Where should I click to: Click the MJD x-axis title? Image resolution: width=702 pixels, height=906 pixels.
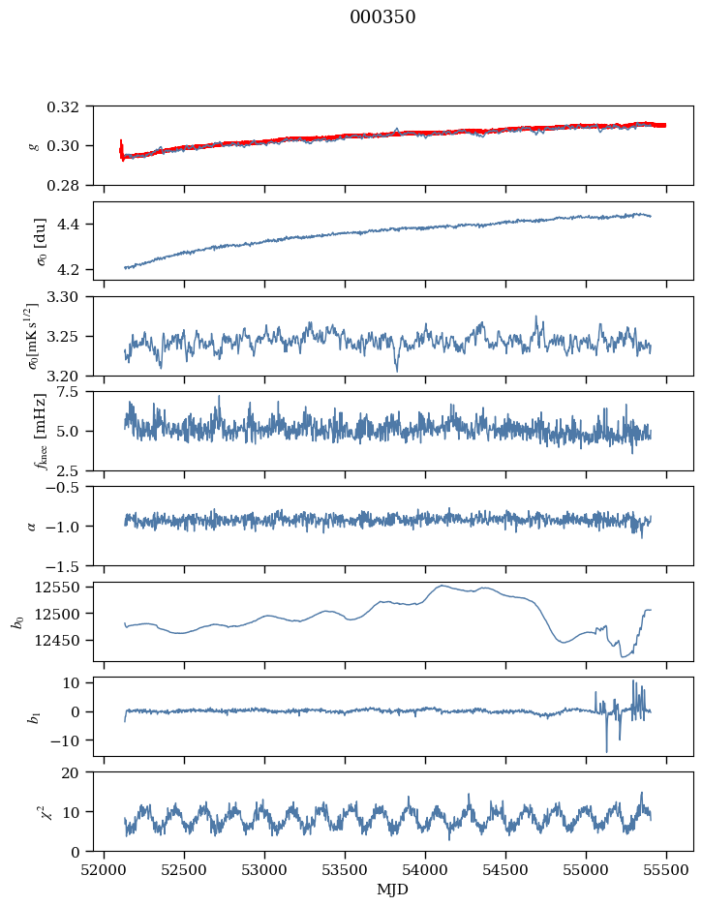(393, 890)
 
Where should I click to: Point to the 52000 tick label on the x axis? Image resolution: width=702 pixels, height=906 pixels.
(106, 868)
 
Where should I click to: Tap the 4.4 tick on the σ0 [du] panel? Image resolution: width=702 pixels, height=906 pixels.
(77, 225)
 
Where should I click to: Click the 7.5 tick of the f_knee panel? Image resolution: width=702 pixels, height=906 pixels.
(76, 391)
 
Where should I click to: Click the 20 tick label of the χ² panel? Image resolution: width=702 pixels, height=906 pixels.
(77, 772)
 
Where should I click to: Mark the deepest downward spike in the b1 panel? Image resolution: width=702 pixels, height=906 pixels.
(607, 751)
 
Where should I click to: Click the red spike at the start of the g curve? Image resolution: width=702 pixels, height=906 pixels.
(121, 148)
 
